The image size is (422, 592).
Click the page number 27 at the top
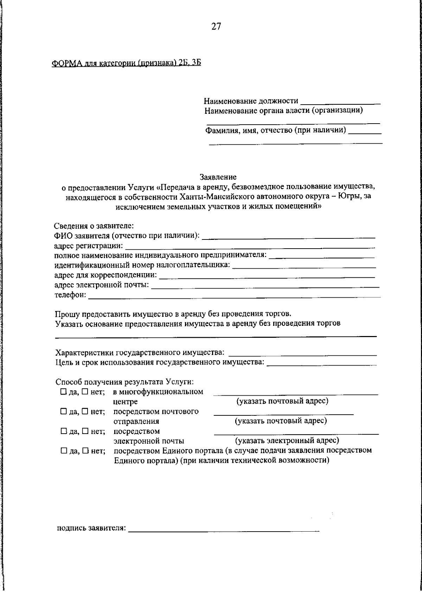point(216,26)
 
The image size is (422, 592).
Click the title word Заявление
point(218,177)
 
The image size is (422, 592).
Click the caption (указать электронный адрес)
point(287,440)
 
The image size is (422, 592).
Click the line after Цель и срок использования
point(322,363)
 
